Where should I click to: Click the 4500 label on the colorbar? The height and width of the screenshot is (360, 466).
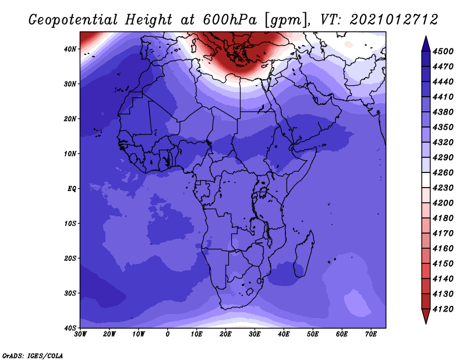[x=443, y=51]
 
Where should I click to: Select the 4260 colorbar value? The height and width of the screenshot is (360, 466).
[x=443, y=172]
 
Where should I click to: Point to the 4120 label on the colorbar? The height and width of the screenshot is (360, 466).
[x=443, y=309]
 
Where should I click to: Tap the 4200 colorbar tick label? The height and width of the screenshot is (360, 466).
[x=443, y=203]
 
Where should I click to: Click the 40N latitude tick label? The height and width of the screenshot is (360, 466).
[x=70, y=49]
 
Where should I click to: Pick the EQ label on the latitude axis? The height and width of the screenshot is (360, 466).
[x=72, y=189]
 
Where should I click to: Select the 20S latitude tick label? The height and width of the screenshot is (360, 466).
[x=70, y=258]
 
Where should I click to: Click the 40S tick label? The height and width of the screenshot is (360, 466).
[x=70, y=328]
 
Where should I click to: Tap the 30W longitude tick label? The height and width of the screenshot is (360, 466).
[x=80, y=334]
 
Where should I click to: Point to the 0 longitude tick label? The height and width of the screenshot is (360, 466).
[x=168, y=334]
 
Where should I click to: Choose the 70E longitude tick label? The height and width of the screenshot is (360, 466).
[x=371, y=334]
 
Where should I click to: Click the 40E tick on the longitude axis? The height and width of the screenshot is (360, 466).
[x=284, y=334]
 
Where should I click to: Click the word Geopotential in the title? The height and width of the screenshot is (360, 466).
[x=73, y=20]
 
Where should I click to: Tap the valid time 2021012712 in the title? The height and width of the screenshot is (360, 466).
[x=394, y=20]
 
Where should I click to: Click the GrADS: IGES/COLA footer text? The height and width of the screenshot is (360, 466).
[x=33, y=355]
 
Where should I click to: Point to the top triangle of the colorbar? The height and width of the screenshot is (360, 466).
[x=426, y=44]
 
